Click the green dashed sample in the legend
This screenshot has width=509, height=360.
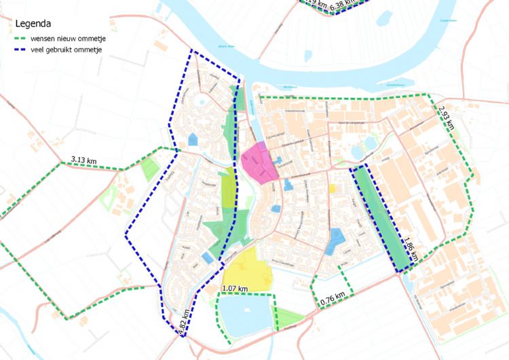coord(23,38)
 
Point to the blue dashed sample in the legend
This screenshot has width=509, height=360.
coord(23,50)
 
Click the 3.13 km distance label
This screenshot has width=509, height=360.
coord(83,161)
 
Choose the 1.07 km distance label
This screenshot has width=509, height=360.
coord(234,289)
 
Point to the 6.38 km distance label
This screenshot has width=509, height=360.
coord(343,4)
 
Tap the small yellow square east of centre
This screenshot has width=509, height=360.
coord(333,189)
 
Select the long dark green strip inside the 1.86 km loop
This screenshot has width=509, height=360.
coord(383,217)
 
